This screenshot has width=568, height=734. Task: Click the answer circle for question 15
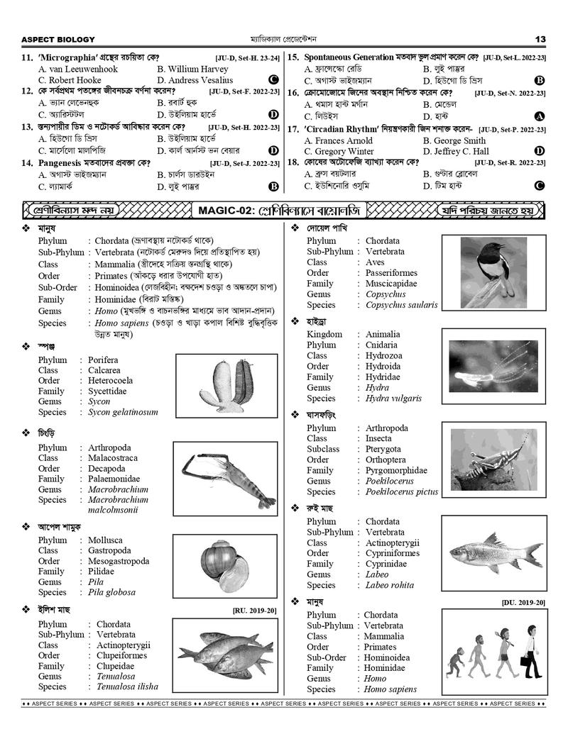click(x=540, y=81)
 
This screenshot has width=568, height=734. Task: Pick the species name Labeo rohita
click(x=390, y=586)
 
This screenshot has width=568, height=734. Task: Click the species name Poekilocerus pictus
click(x=402, y=491)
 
